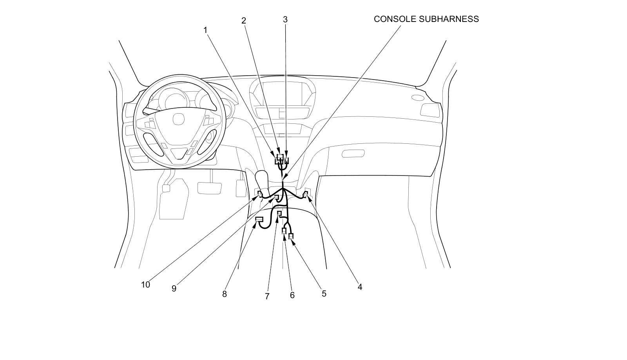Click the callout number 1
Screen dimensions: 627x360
[x=205, y=30]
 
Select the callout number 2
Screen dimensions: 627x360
[x=243, y=20]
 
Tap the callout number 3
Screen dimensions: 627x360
[x=285, y=19]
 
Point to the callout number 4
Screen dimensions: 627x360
[x=360, y=287]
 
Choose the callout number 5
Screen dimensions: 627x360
[x=324, y=293]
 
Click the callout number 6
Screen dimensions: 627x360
[x=292, y=295]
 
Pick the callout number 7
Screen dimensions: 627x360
[x=267, y=296]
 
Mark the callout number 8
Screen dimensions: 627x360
[x=224, y=294]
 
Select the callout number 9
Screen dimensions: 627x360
[x=174, y=288]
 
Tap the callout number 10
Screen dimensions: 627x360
[x=145, y=285]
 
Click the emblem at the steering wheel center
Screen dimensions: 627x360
[x=179, y=119]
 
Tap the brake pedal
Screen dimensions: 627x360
[x=209, y=187]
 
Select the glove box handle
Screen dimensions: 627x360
[x=353, y=154]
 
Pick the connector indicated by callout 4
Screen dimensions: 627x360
[x=306, y=193]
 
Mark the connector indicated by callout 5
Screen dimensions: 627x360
[x=291, y=236]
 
